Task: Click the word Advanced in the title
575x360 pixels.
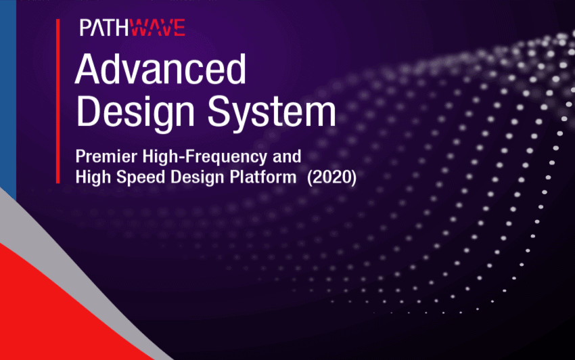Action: pos(160,69)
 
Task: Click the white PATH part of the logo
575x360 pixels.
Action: pos(104,28)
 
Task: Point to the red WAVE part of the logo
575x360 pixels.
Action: pos(158,28)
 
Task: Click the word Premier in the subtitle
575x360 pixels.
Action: pos(106,156)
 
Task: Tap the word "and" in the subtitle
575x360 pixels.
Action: pos(287,156)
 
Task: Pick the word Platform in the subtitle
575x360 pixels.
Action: pos(263,177)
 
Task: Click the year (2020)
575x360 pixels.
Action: pos(331,177)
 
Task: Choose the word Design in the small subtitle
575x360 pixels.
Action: pos(198,178)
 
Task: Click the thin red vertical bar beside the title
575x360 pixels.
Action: pos(58,101)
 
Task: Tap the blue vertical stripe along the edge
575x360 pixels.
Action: pos(8,99)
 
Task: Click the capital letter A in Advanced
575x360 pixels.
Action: pos(88,69)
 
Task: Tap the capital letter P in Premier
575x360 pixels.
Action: pos(80,157)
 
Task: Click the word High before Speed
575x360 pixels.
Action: pos(93,178)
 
